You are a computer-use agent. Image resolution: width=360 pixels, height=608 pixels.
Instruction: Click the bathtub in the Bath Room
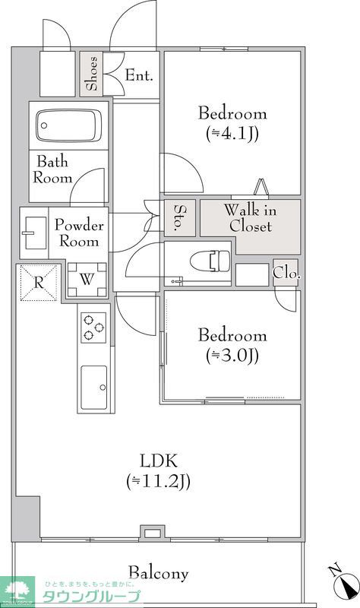(x=68, y=125)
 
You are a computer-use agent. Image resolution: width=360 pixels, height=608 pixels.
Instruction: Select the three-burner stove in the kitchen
(x=93, y=328)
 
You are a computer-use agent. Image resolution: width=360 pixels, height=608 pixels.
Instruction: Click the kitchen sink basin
(x=93, y=387)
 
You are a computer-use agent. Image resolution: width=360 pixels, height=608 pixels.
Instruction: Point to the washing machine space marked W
(x=87, y=280)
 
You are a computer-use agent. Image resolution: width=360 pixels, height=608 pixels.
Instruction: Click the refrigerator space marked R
(x=39, y=283)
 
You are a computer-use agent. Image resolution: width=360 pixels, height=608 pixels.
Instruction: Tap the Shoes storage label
(x=92, y=74)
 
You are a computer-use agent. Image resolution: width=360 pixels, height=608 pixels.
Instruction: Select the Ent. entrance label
(x=139, y=75)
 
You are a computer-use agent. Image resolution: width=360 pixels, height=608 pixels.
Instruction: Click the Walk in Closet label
(x=251, y=218)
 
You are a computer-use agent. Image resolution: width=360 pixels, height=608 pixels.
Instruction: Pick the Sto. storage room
(x=180, y=217)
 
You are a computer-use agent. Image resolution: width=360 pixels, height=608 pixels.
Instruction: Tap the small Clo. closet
(x=286, y=272)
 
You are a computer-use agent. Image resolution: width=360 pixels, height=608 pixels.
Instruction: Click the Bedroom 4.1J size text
(x=232, y=134)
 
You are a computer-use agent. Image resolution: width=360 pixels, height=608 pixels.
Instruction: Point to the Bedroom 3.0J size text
(x=232, y=355)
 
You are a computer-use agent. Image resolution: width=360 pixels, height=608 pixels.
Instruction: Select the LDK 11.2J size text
(x=158, y=481)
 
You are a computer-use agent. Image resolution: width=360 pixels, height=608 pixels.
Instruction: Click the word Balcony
(x=159, y=573)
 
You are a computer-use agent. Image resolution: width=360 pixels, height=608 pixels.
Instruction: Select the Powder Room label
(x=79, y=233)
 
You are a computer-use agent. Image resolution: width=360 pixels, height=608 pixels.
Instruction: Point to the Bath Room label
(x=52, y=169)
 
